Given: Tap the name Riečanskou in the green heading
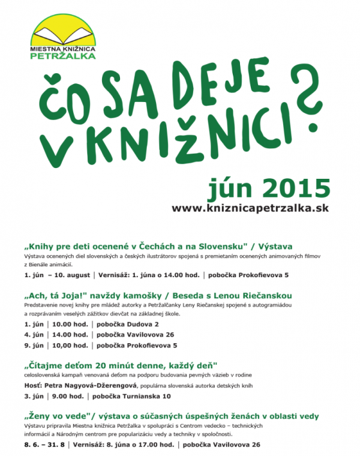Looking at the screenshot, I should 266,296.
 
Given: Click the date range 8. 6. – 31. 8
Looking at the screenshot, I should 44,445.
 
